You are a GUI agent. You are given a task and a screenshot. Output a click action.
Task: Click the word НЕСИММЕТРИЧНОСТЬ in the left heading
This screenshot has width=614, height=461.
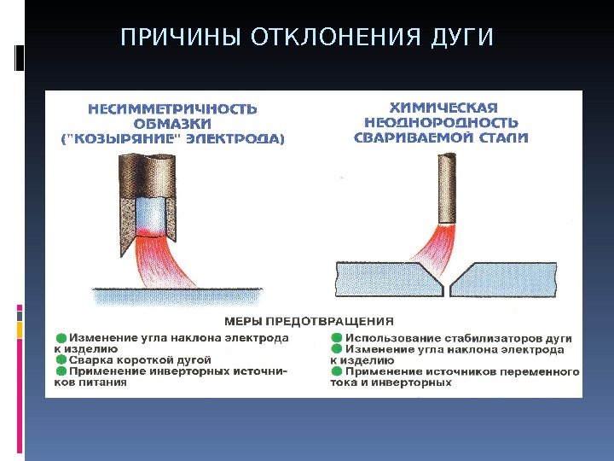pos(173,108)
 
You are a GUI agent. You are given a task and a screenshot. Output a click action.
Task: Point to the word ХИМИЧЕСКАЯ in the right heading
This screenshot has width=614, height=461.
pos(443,108)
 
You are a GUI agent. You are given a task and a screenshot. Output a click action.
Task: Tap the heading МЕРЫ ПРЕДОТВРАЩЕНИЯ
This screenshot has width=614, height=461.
pos(309,321)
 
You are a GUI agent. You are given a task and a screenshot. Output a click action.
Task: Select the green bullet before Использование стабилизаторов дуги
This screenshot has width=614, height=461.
pos(336,338)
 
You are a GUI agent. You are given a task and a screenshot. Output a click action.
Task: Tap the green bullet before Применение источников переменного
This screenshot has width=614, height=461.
pos(336,372)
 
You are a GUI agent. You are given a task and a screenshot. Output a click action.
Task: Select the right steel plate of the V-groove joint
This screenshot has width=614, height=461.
pos(512,279)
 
